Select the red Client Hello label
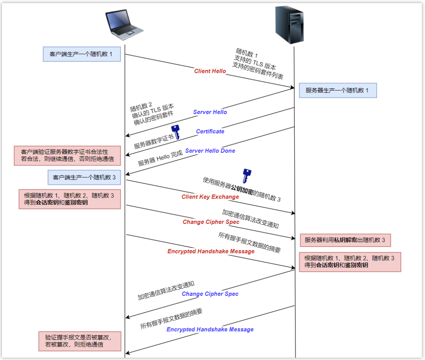(x=210, y=71)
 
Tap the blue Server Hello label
(x=210, y=112)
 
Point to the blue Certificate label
(x=210, y=131)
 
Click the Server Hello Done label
(x=210, y=151)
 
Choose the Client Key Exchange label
(x=210, y=197)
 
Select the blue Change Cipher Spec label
(x=210, y=294)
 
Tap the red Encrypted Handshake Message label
(x=211, y=251)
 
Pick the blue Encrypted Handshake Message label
(x=210, y=329)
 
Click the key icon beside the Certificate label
(x=176, y=132)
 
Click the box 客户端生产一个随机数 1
(x=81, y=54)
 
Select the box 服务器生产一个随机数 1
(x=338, y=90)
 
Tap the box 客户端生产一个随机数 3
(x=84, y=177)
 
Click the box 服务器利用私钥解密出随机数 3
(x=345, y=240)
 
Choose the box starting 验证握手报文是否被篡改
(x=79, y=341)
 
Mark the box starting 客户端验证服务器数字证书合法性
(x=67, y=155)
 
